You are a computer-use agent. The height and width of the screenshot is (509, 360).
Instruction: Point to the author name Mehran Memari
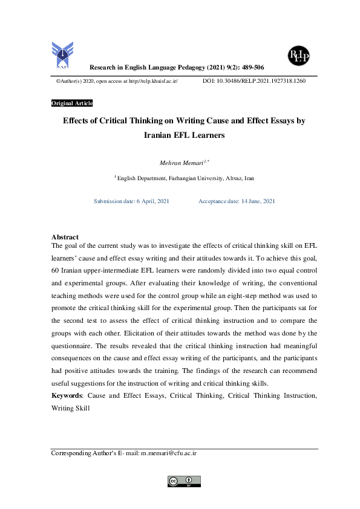[177, 161]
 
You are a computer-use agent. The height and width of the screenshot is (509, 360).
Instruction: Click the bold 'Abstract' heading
[65, 237]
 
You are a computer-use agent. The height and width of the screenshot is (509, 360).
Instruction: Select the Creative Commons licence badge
[184, 481]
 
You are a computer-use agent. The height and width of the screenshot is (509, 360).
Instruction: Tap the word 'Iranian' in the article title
[162, 136]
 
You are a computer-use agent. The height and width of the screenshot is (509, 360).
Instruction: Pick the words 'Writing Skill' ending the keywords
[71, 408]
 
